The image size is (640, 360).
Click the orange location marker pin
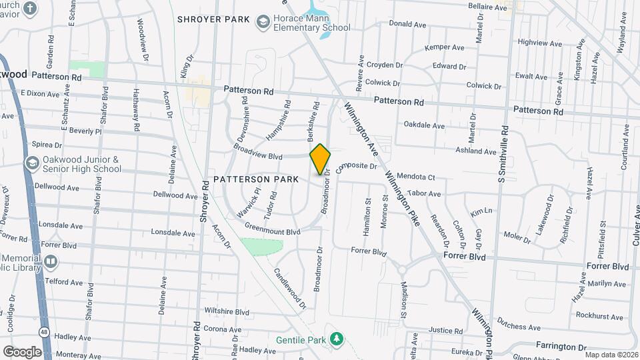[320, 159]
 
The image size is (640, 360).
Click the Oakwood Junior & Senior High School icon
[31, 163]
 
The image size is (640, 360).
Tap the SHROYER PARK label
[213, 19]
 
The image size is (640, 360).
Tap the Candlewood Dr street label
[291, 288]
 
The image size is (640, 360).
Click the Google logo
[22, 351]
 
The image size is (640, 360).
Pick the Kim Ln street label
[481, 211]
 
